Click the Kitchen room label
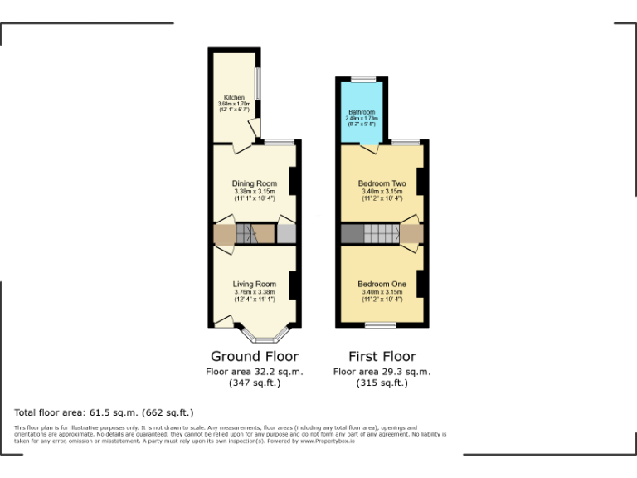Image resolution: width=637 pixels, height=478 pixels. click(233, 97)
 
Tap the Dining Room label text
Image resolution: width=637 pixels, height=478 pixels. click(254, 183)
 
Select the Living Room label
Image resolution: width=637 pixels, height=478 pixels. click(254, 284)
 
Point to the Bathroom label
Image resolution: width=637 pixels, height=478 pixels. click(361, 112)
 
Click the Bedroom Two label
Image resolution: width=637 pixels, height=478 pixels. click(382, 183)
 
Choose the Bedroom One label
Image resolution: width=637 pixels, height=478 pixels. click(382, 284)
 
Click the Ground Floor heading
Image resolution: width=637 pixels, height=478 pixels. click(255, 356)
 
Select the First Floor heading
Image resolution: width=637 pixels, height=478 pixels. click(382, 356)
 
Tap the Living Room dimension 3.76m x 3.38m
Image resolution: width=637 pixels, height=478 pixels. click(254, 291)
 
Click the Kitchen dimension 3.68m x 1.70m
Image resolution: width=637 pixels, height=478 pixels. click(233, 104)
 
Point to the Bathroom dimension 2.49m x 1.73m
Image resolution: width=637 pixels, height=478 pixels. click(361, 119)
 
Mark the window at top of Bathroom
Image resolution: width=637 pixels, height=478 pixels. click(362, 78)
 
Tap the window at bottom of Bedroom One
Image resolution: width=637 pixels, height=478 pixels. click(382, 324)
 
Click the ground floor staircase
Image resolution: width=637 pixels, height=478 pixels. click(248, 233)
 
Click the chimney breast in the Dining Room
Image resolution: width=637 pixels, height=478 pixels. click(293, 181)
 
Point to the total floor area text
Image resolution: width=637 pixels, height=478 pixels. click(104, 412)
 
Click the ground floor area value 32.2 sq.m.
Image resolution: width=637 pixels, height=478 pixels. click(254, 372)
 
